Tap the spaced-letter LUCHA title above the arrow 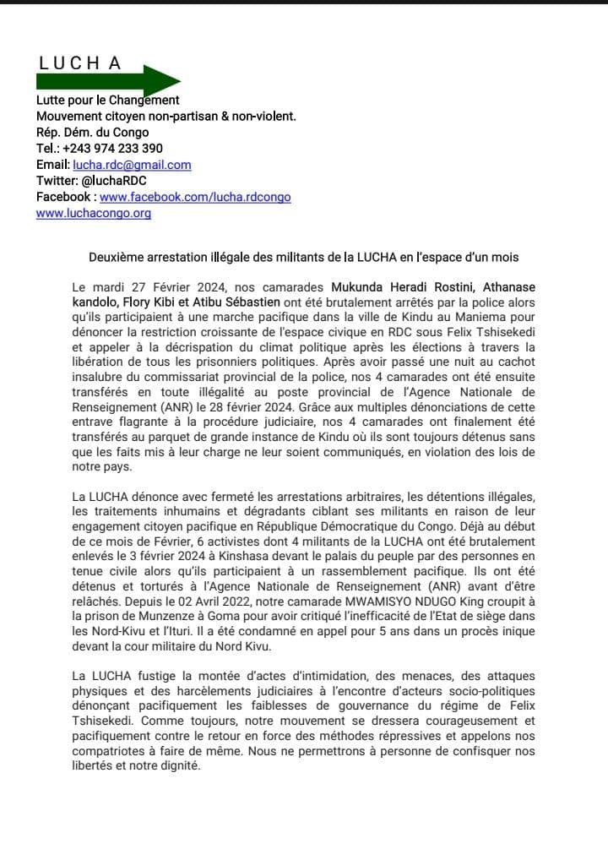pyautogui.click(x=79, y=63)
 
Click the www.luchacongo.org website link pyautogui.click(x=93, y=213)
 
